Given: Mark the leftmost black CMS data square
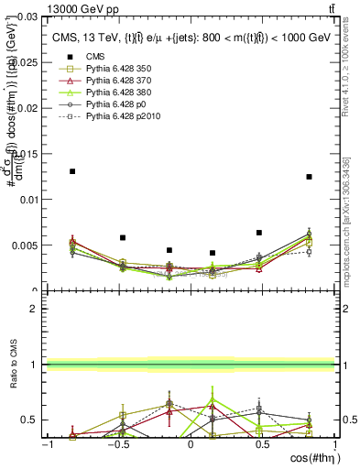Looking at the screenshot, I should coord(72,171).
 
